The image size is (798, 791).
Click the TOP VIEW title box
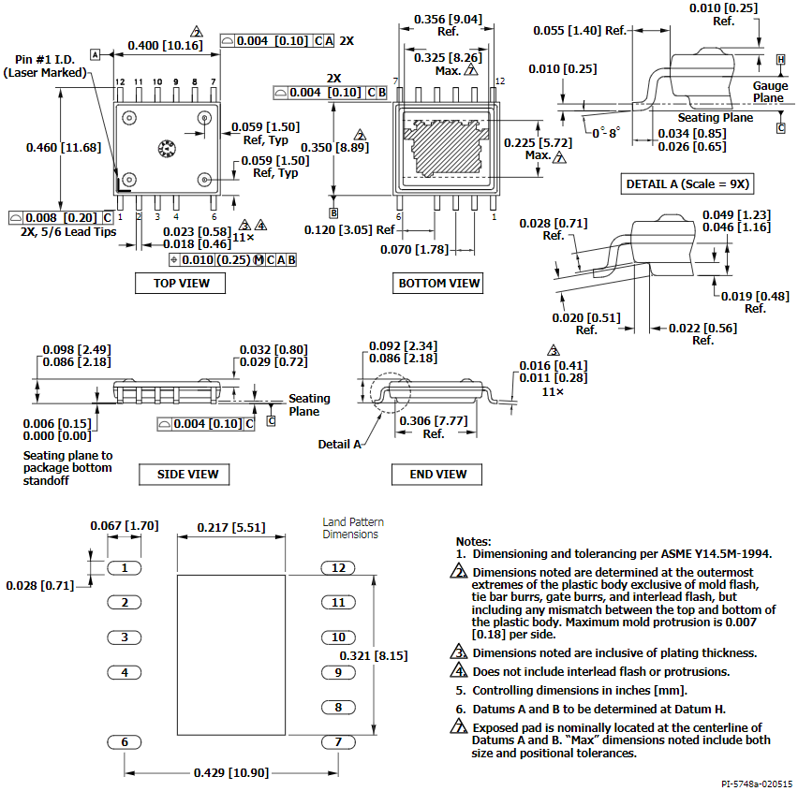(180, 284)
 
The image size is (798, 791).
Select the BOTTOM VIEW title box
(437, 284)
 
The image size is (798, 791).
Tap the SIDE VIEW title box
(185, 474)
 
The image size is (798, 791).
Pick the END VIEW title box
(436, 474)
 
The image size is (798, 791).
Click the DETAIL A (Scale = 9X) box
(687, 184)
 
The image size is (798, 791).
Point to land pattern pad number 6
(125, 742)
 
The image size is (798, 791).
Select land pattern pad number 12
(338, 567)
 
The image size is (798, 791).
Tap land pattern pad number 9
(338, 672)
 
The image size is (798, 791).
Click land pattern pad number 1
(125, 567)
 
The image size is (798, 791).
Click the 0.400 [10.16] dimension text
(165, 45)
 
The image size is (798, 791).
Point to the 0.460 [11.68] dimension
(64, 148)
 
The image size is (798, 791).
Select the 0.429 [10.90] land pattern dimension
(231, 772)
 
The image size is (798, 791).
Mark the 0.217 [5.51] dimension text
(231, 528)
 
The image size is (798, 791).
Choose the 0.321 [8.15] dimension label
(374, 655)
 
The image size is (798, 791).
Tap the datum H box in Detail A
(781, 60)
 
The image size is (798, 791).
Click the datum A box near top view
(96, 54)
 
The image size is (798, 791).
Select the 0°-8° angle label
(606, 133)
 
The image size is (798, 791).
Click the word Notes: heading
(473, 541)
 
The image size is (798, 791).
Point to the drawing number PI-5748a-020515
(756, 784)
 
